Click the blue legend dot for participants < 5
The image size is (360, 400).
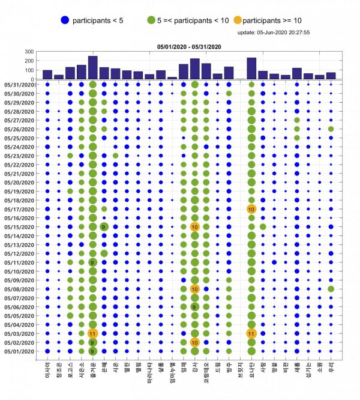coord(65,20)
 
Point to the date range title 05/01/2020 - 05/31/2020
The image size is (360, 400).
coord(189,46)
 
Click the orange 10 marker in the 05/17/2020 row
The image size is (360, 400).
coord(251,209)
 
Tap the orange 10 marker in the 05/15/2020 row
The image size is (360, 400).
coord(194,227)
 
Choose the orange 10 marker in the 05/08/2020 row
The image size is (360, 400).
coord(194,289)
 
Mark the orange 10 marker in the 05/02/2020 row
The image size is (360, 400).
coord(194,342)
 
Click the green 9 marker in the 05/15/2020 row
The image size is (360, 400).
coord(104,227)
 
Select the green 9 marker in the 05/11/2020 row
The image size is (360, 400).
coord(92,262)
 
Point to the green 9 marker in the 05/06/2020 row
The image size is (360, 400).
coord(194,307)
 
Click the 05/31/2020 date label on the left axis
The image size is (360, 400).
coord(20,85)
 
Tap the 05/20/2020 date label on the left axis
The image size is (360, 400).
coord(20,183)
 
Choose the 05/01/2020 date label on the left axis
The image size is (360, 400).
coord(20,351)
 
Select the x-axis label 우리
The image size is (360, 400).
coord(331,368)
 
